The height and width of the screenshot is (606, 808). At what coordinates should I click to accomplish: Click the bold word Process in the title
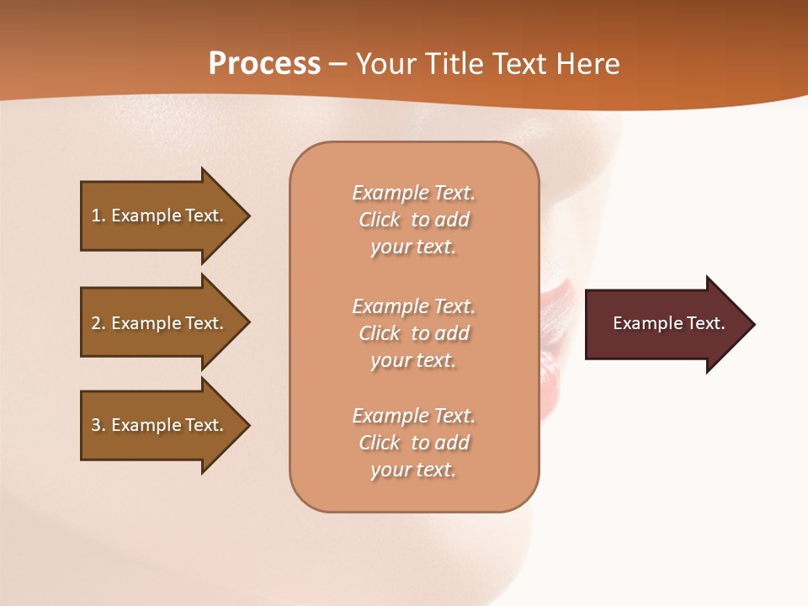coord(264,64)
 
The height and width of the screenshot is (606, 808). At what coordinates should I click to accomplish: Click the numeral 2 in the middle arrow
coord(96,323)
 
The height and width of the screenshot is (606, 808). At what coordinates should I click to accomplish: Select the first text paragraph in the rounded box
coord(413,220)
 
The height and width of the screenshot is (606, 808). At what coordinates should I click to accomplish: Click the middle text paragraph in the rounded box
coord(413,333)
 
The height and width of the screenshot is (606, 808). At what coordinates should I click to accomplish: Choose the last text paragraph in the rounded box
coord(413,443)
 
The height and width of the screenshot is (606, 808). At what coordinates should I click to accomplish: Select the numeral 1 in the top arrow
coord(96,215)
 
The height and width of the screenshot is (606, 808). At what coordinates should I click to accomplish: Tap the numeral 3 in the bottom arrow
coord(96,425)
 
